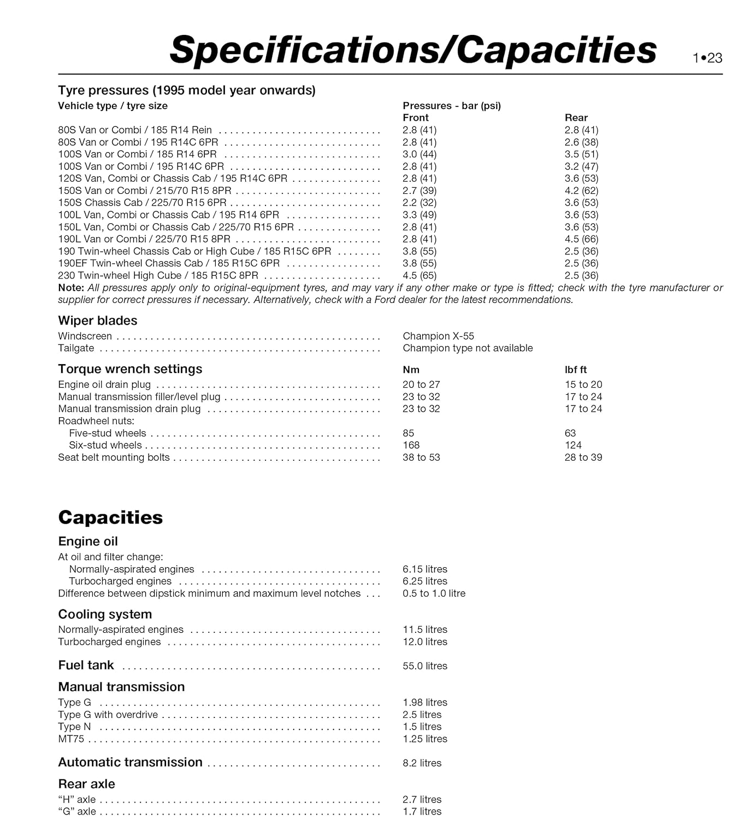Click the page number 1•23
(707, 58)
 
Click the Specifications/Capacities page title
(413, 50)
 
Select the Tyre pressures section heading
(187, 90)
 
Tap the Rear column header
(576, 117)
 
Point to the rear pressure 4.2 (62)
(581, 191)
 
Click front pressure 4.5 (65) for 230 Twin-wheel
(419, 276)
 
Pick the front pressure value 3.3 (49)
(419, 215)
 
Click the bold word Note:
(71, 288)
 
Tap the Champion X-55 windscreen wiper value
(438, 336)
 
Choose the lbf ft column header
(576, 370)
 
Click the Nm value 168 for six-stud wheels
(411, 446)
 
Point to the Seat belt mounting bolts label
(114, 458)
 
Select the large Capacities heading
(110, 517)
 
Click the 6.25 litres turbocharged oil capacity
(424, 581)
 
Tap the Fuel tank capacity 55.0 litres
(424, 666)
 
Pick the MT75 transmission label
(71, 739)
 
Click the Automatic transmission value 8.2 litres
(422, 763)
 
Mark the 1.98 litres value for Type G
(424, 703)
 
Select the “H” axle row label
(77, 799)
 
